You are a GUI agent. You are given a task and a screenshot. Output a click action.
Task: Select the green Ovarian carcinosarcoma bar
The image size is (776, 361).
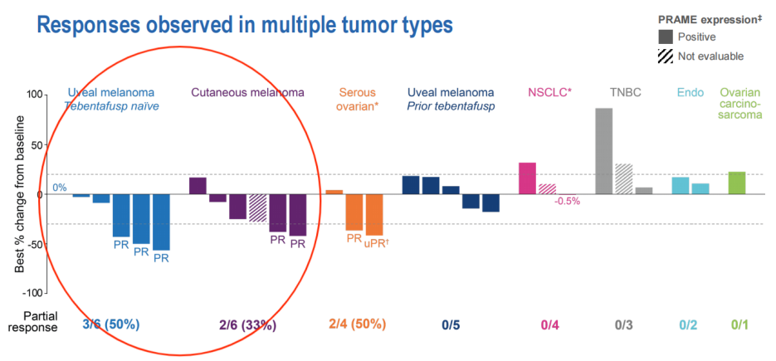click(x=736, y=183)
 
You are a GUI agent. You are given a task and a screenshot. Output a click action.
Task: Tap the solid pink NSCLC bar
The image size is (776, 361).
click(x=527, y=178)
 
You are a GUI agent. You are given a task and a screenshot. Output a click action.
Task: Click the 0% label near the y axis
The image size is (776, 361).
click(x=60, y=188)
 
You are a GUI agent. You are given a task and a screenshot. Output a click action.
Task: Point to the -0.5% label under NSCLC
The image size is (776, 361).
click(x=567, y=201)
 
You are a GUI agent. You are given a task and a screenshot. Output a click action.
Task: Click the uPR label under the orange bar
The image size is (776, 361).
click(x=377, y=244)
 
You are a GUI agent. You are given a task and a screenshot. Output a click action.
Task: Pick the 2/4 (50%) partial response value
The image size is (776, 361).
click(x=359, y=324)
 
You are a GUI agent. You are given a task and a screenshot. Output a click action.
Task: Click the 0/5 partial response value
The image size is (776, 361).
click(x=451, y=324)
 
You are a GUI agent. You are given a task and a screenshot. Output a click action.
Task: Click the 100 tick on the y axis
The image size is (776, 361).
click(x=32, y=95)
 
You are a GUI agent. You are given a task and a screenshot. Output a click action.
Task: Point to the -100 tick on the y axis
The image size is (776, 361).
click(x=31, y=293)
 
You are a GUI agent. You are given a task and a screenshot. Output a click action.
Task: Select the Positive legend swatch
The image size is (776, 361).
click(x=666, y=37)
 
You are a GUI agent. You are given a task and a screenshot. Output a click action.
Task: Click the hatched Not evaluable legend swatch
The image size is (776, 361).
click(x=666, y=56)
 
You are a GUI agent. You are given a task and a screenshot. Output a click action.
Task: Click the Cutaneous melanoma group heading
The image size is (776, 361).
click(x=247, y=93)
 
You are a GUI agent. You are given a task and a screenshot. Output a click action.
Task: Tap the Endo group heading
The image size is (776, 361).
click(x=688, y=93)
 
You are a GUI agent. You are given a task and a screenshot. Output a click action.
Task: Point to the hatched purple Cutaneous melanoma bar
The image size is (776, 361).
click(x=257, y=207)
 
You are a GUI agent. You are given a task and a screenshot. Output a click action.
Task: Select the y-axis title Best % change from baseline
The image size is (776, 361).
click(x=18, y=193)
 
